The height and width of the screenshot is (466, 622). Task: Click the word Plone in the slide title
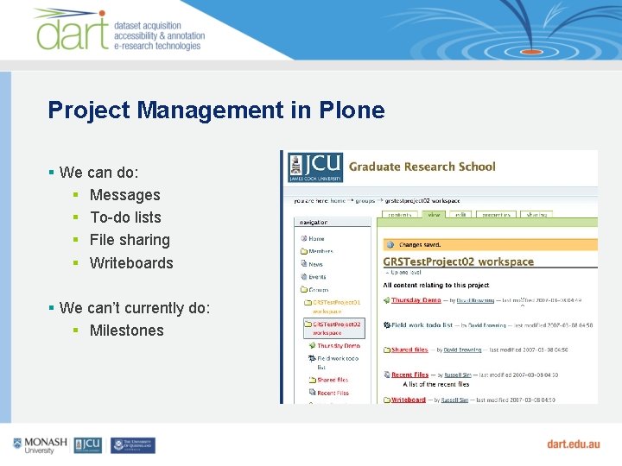(x=351, y=110)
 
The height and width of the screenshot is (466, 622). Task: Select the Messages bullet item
(x=124, y=195)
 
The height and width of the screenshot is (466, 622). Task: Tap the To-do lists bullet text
(x=125, y=217)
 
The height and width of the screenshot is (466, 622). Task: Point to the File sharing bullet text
(x=130, y=240)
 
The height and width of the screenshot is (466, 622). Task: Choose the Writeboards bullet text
(x=131, y=263)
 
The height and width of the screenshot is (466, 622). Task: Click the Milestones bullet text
(x=126, y=331)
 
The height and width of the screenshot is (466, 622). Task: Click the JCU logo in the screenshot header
(x=315, y=167)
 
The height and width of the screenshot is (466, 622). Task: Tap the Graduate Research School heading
(x=422, y=167)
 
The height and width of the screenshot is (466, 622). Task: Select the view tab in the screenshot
(x=435, y=215)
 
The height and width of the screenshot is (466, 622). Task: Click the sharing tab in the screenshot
(x=536, y=215)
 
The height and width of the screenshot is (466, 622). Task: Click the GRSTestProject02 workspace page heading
(x=458, y=261)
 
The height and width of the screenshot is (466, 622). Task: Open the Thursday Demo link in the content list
(x=416, y=300)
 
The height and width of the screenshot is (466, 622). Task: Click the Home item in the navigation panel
(x=316, y=238)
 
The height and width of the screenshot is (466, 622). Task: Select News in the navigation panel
(x=315, y=264)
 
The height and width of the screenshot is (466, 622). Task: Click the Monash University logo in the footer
(x=40, y=445)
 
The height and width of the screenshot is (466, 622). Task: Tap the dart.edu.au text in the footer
(x=573, y=444)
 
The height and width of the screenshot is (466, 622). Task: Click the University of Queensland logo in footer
(x=132, y=445)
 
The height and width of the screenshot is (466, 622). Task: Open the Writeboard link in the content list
(x=409, y=400)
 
